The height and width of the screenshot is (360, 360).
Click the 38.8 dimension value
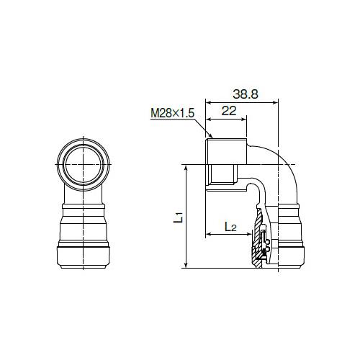pyautogui.click(x=246, y=94)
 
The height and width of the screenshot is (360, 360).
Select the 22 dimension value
pyautogui.click(x=229, y=111)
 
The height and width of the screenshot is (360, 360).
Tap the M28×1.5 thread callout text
pyautogui.click(x=172, y=113)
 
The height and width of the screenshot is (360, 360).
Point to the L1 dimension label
pyautogui.click(x=179, y=217)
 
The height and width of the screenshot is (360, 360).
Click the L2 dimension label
pyautogui.click(x=230, y=227)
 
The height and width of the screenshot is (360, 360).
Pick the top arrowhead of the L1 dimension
pyautogui.click(x=186, y=168)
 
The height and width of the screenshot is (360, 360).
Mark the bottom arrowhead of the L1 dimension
pyautogui.click(x=186, y=265)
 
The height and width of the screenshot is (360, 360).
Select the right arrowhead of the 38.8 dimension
pyautogui.click(x=275, y=103)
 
